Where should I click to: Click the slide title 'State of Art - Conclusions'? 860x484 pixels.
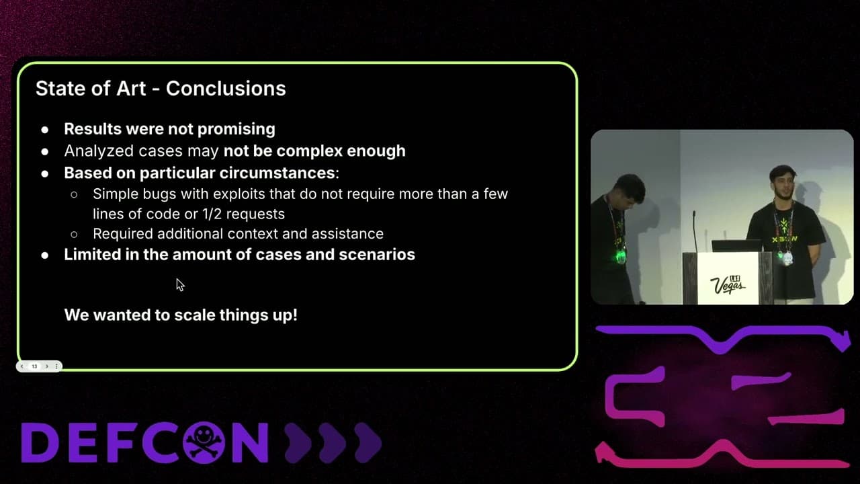point(161,88)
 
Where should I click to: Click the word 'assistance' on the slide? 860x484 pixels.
point(353,234)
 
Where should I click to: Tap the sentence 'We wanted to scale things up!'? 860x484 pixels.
point(181,315)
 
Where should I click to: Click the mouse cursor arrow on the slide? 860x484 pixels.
point(179,284)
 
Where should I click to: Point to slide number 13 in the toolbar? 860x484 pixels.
point(34,366)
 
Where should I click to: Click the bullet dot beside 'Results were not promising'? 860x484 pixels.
point(45,129)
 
